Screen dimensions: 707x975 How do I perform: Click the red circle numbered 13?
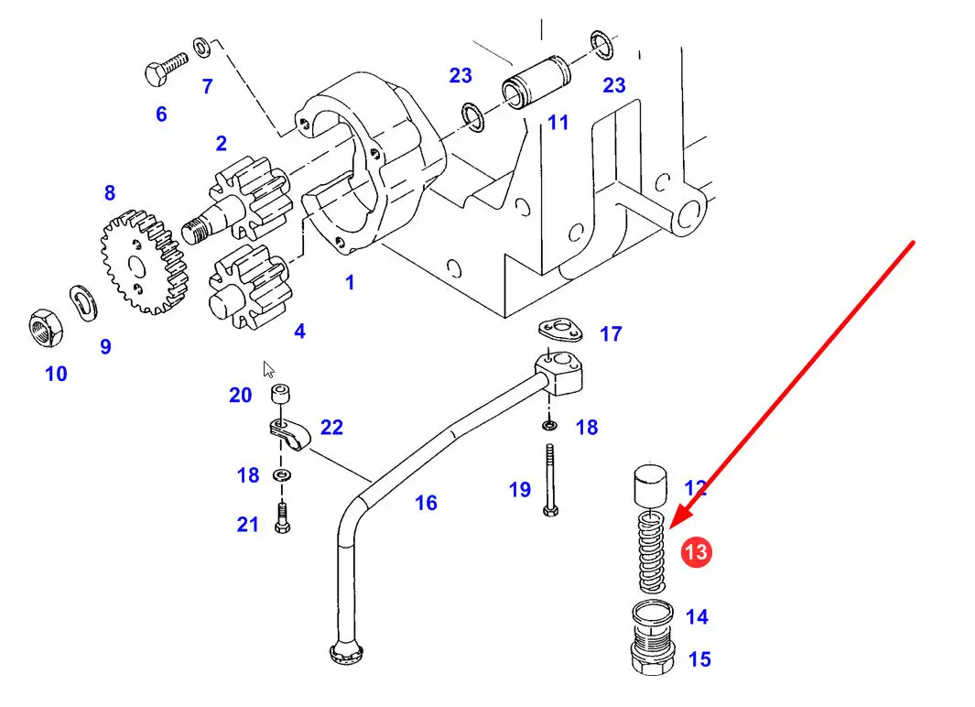[x=696, y=552]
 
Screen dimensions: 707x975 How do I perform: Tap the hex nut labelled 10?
[x=44, y=326]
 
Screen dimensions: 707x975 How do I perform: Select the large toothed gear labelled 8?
[x=138, y=261]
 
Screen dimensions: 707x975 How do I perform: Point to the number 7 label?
[x=208, y=87]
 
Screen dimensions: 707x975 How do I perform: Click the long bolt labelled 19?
[x=548, y=480]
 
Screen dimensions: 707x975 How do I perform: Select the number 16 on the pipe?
[x=426, y=503]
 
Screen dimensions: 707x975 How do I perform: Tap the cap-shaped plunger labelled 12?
[x=651, y=484]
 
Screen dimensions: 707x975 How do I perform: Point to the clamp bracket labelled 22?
[x=288, y=430]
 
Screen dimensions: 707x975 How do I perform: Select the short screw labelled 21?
[x=281, y=519]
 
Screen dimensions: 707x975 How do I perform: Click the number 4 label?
[x=299, y=332]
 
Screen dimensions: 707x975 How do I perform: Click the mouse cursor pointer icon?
[x=268, y=369]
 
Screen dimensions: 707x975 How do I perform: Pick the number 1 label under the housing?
[x=349, y=283]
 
